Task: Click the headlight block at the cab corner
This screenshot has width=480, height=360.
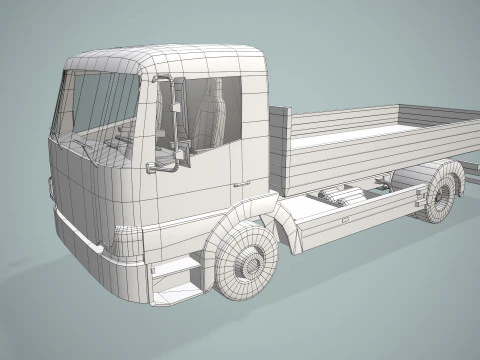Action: pyautogui.click(x=127, y=240)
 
